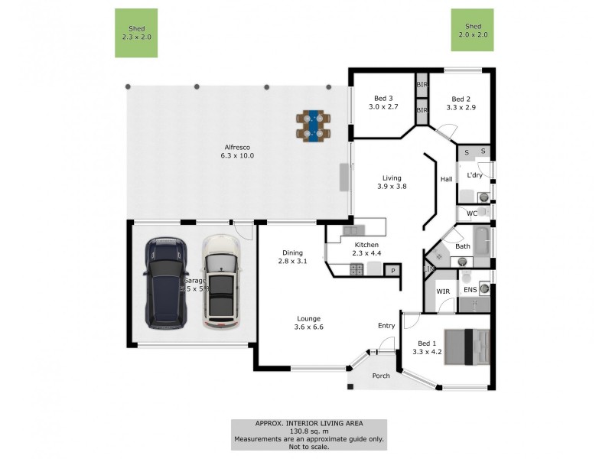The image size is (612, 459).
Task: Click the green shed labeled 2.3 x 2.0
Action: coord(136,33)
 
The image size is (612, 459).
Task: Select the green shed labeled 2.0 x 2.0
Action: coord(472,31)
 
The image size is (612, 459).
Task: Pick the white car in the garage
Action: coord(220,282)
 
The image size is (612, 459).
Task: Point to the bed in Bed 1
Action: coord(467,347)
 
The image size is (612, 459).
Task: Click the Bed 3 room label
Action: coord(383,103)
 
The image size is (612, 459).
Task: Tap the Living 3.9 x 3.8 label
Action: coord(392,181)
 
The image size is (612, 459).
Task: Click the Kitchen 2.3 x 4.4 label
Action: coord(366,249)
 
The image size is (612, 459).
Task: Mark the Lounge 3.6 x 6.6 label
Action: coord(309,323)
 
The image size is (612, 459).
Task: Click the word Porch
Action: coord(380,376)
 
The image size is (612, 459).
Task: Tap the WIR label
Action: coord(442,291)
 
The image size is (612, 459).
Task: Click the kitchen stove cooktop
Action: coord(356,269)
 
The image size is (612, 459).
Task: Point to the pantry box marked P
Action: coord(393,270)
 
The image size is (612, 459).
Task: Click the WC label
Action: coord(471,213)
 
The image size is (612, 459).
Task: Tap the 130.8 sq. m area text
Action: coord(309,431)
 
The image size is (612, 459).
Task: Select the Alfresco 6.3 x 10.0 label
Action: coord(238,151)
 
